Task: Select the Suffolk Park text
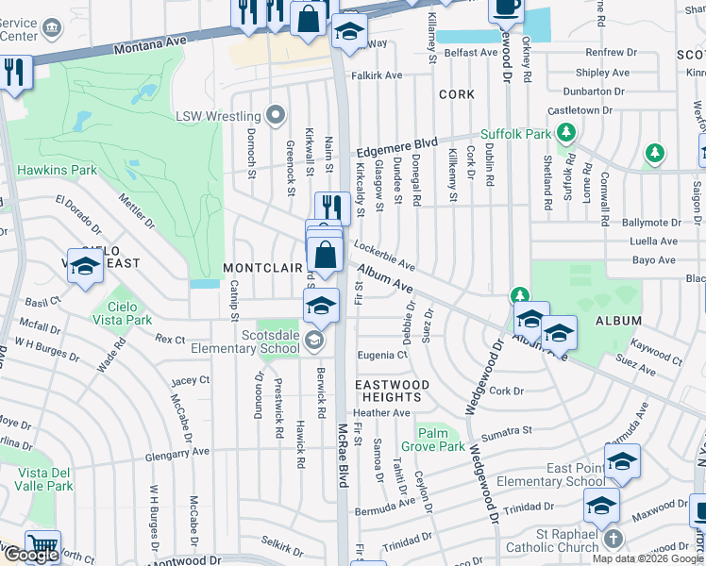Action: pos(515,134)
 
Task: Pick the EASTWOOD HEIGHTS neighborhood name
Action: pos(392,391)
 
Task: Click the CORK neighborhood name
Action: pos(457,95)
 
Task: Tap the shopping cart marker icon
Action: pos(42,545)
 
